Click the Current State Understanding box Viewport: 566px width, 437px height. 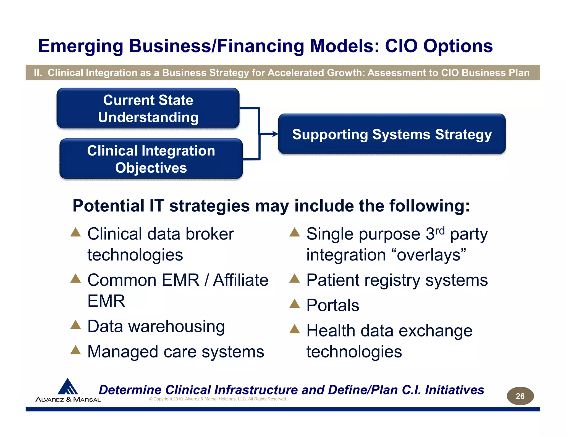(x=148, y=108)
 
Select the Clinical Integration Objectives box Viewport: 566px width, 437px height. (x=151, y=159)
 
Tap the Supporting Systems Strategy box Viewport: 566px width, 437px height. (x=392, y=134)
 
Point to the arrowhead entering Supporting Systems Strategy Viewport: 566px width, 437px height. (x=275, y=134)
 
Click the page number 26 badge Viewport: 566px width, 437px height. (x=520, y=396)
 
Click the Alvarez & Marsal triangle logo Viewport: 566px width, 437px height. (x=67, y=386)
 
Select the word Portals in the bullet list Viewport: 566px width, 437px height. (x=332, y=305)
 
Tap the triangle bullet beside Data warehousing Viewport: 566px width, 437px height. (x=75, y=325)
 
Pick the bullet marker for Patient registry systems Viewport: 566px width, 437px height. (x=294, y=278)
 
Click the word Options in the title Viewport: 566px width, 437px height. (x=458, y=46)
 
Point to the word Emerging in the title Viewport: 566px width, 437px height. (x=80, y=46)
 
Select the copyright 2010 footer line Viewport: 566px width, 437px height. (x=218, y=399)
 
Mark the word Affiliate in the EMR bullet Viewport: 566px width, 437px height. (x=240, y=280)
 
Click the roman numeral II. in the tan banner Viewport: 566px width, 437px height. (x=38, y=73)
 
